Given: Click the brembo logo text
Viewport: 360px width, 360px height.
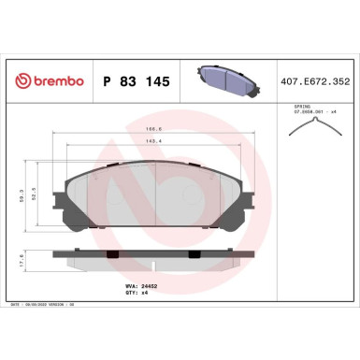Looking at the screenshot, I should click(x=52, y=81).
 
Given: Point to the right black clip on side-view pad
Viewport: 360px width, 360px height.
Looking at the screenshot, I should click(x=214, y=252).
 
